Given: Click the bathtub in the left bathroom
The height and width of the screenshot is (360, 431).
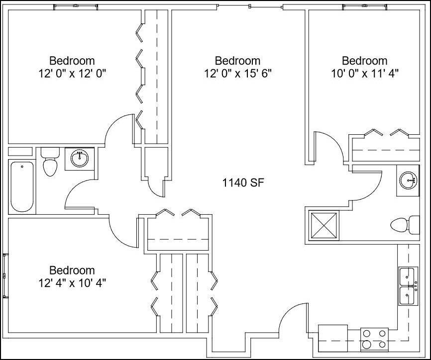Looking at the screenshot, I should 22,186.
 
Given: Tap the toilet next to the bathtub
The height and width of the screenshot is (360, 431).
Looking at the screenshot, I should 49,163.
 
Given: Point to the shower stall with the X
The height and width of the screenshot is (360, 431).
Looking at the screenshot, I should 323,226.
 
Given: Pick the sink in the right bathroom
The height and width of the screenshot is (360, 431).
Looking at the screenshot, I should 409,180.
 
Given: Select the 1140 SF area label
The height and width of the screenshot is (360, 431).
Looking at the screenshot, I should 242,183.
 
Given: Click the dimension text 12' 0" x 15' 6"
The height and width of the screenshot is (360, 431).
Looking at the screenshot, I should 237,73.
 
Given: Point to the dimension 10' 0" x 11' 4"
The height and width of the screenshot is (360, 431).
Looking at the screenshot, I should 365,73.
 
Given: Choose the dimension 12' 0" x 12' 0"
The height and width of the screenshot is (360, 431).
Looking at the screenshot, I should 72,73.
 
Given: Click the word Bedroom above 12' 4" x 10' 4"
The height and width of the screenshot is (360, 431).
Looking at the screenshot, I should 72,270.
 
